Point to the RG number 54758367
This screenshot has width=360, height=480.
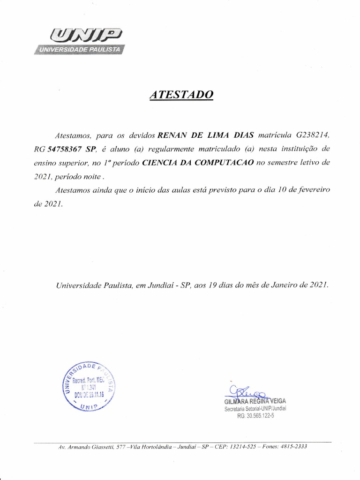tap(65, 150)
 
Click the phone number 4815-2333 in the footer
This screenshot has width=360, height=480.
tap(294, 447)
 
